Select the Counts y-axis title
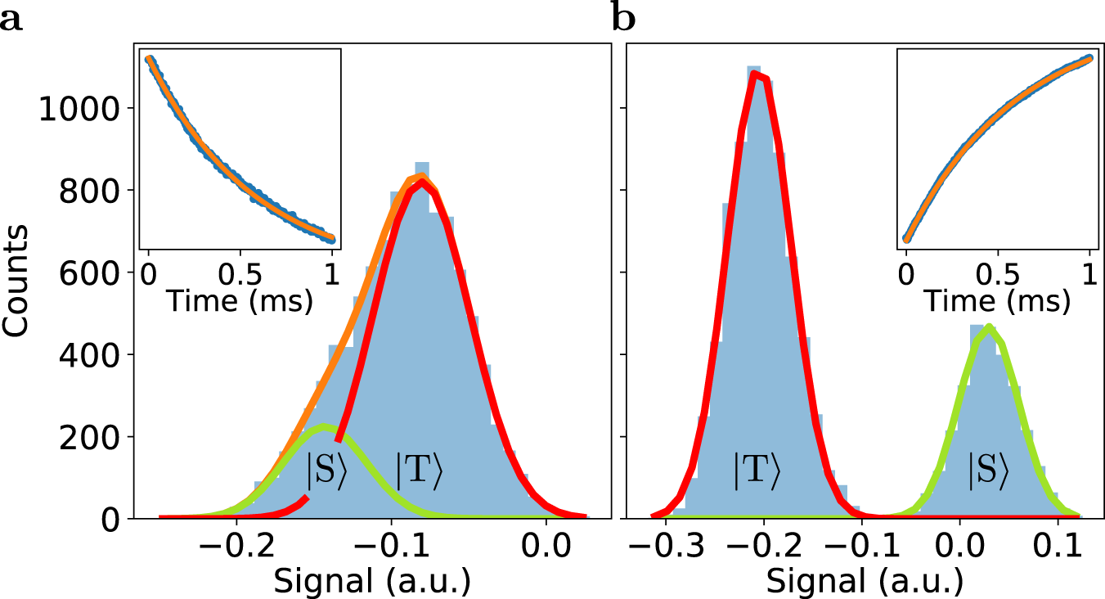click(x=16, y=280)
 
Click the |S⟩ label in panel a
click(x=326, y=472)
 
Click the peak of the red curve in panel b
click(x=757, y=75)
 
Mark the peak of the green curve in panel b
click(x=989, y=327)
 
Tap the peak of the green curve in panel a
click(x=325, y=426)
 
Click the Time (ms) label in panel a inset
click(x=240, y=301)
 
